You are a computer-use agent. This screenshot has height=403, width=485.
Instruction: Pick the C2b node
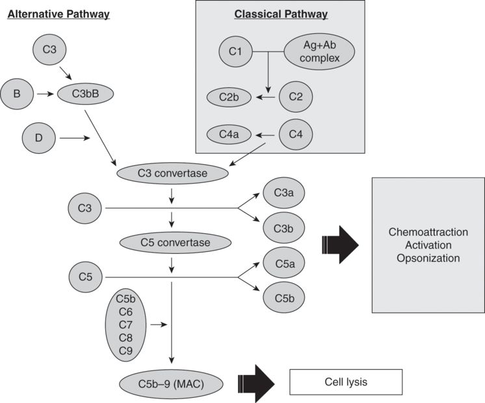click(x=229, y=98)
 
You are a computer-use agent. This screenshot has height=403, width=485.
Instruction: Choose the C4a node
click(x=229, y=135)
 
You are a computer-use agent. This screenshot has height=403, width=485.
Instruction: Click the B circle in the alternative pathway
click(x=17, y=94)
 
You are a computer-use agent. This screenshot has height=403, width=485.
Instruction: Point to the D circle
click(x=39, y=138)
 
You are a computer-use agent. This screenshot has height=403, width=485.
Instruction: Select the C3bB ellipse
click(x=85, y=94)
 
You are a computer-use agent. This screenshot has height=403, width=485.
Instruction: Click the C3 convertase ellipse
click(x=173, y=173)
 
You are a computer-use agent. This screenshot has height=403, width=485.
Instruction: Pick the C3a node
click(x=283, y=193)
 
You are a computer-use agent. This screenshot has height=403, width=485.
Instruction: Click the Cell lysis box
click(x=345, y=382)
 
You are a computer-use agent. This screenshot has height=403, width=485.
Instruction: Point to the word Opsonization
click(x=428, y=258)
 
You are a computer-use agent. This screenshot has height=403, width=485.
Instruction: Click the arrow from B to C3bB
click(x=44, y=94)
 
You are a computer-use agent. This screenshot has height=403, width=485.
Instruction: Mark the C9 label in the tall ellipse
click(x=125, y=351)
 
